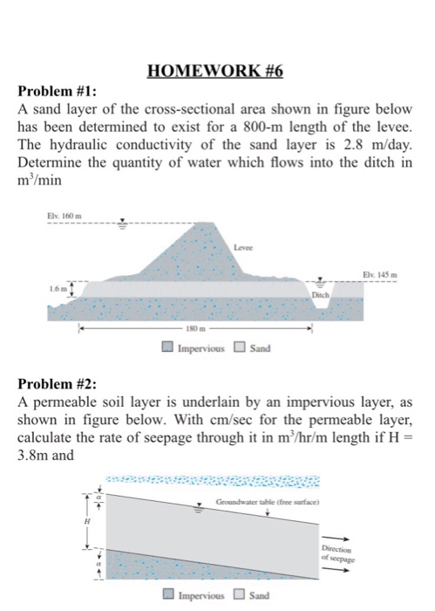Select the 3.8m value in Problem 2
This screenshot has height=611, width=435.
pyautogui.click(x=37, y=456)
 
